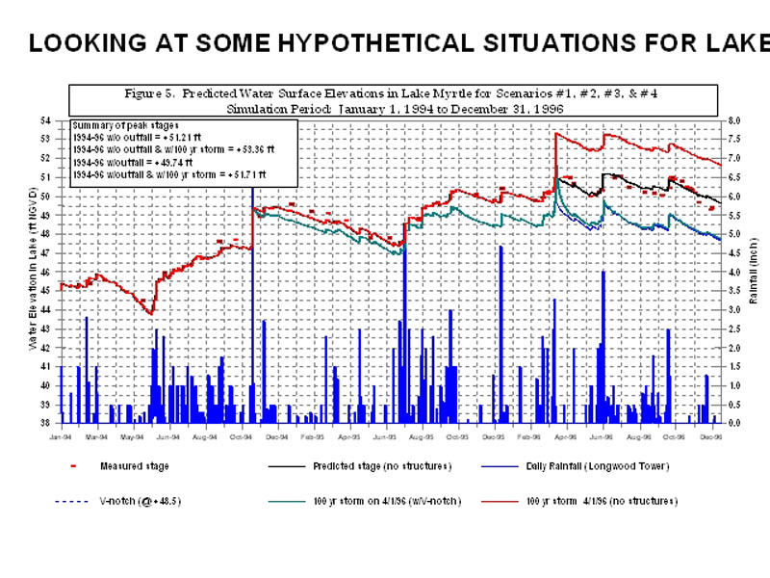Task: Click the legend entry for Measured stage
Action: (x=134, y=466)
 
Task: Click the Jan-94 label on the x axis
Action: (x=60, y=437)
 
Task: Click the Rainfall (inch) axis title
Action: (x=754, y=273)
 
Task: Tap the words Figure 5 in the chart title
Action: (x=150, y=93)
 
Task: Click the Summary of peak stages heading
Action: (x=125, y=126)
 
